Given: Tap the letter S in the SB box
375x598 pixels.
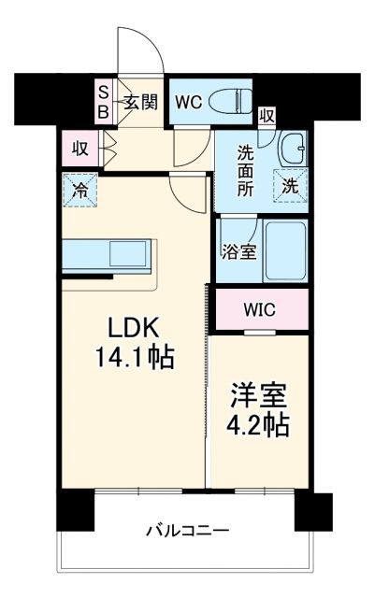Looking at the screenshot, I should [x=104, y=92].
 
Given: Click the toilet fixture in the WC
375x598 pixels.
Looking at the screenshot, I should [x=229, y=99].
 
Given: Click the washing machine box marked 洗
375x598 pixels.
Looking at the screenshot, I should [x=291, y=185].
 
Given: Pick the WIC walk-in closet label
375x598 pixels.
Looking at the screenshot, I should [x=261, y=309].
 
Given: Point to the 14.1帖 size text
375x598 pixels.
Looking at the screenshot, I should [x=134, y=358].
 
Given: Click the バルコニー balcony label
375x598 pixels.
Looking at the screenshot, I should [x=187, y=531].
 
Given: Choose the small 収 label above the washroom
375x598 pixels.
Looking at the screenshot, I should [x=267, y=116].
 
